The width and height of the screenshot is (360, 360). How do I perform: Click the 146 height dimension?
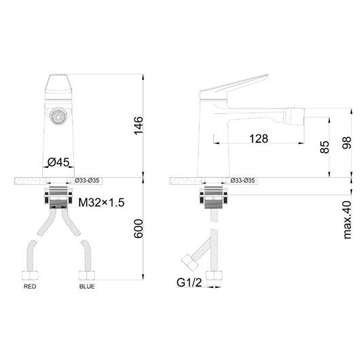(x=139, y=126)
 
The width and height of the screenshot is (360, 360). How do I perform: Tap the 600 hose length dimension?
(x=139, y=228)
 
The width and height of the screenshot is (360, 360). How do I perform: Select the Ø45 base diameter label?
(x=58, y=162)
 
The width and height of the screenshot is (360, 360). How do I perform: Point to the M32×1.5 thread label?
(x=101, y=202)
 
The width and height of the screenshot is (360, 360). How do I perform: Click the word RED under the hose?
(x=30, y=286)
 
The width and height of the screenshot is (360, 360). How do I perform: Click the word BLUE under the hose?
(x=87, y=286)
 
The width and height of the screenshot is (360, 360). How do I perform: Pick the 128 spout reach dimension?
(x=259, y=139)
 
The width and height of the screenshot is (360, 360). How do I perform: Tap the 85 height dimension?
(x=325, y=147)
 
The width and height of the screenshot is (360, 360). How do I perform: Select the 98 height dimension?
(x=346, y=143)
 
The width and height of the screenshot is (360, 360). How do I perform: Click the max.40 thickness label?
(x=347, y=220)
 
